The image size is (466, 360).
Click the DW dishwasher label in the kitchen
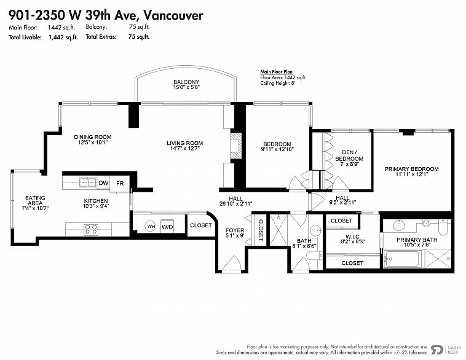click(x=103, y=183)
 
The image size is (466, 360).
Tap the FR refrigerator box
click(x=120, y=184)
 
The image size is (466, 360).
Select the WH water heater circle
click(x=151, y=227)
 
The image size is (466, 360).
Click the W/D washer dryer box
click(x=167, y=227)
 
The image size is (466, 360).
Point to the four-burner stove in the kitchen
click(x=90, y=229)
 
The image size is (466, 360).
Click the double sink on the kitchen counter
click(x=88, y=182)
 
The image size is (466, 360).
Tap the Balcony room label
click(x=186, y=82)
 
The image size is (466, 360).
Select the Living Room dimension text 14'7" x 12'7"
click(x=184, y=149)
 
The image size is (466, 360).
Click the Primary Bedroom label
click(x=412, y=169)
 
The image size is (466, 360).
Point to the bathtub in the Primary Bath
click(x=402, y=259)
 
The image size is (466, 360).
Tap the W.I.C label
click(x=353, y=237)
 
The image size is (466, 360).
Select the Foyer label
click(x=235, y=230)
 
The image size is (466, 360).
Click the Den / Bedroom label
click(x=349, y=155)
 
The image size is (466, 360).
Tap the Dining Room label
click(x=93, y=137)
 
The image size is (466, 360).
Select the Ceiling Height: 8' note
click(x=278, y=83)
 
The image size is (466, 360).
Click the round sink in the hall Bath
click(x=315, y=231)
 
